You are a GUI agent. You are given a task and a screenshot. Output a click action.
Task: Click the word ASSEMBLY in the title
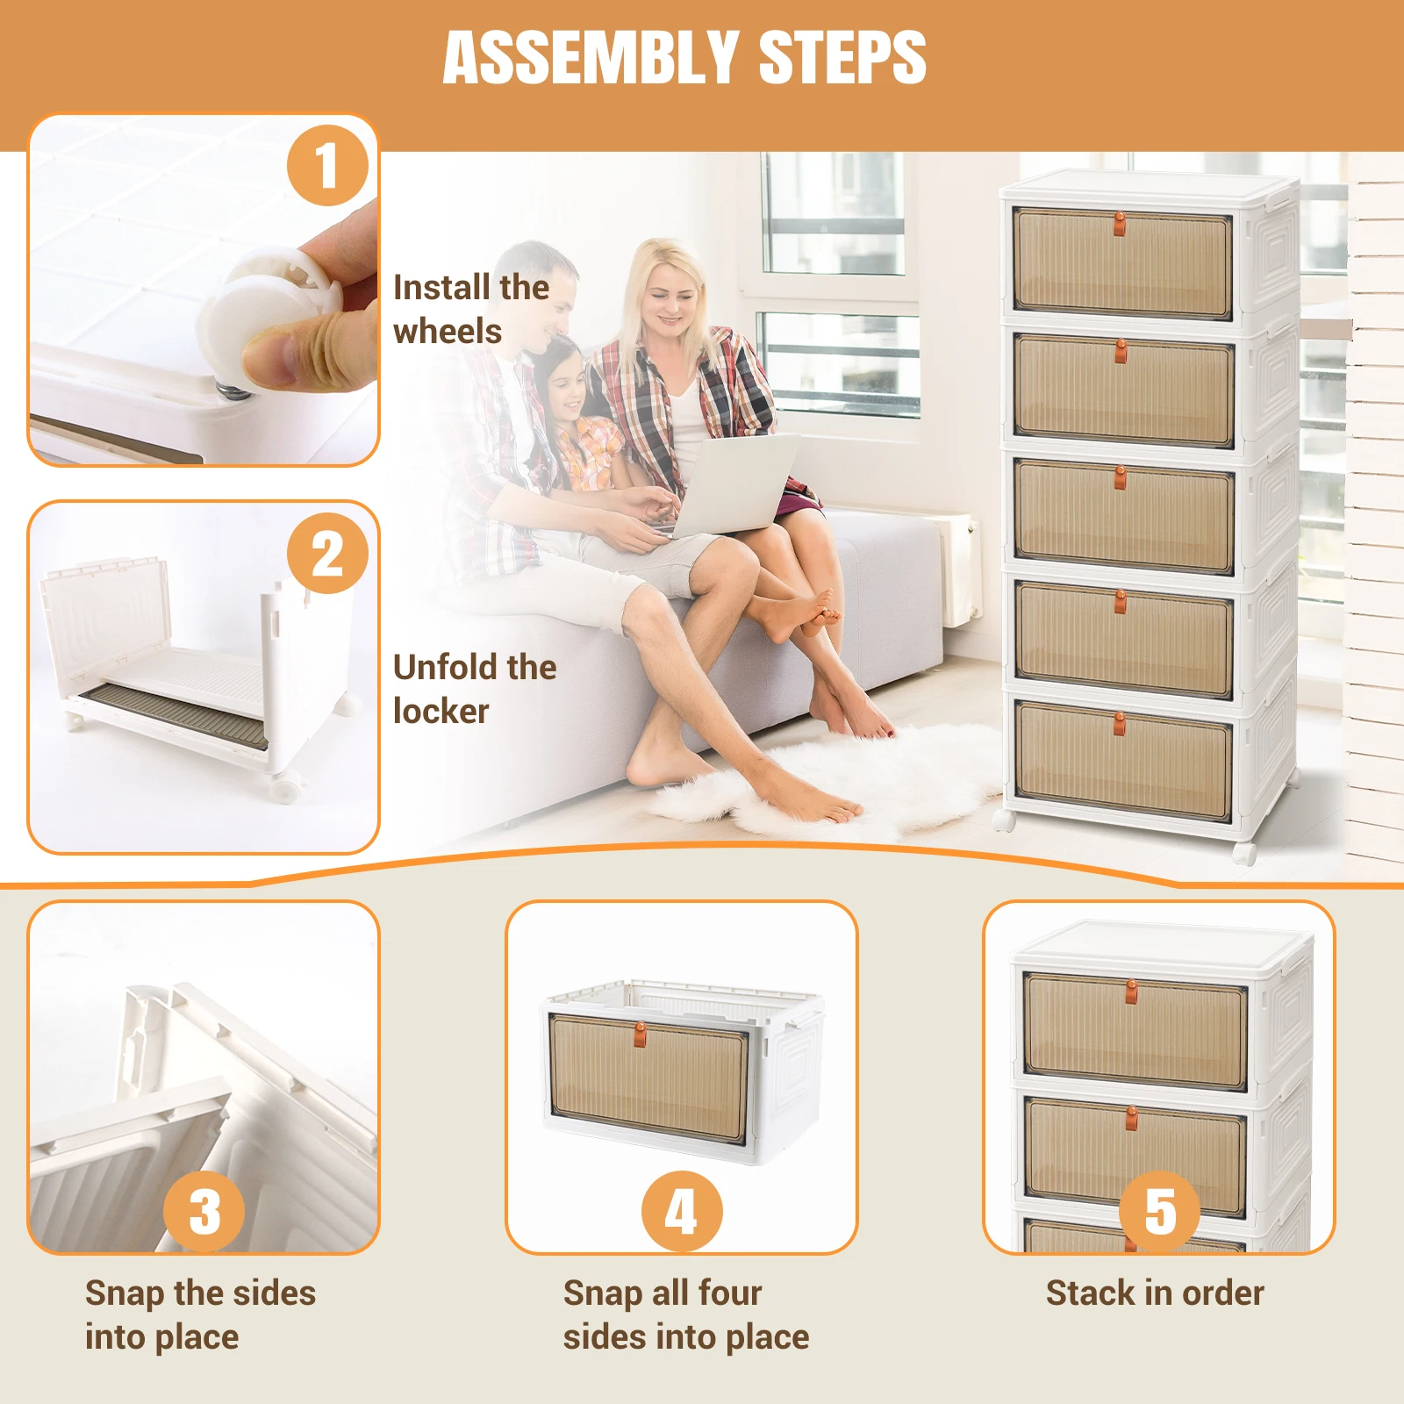coord(591,58)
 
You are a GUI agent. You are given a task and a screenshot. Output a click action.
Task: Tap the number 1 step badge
coord(327,165)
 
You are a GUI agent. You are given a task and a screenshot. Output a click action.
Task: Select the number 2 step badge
coord(327,554)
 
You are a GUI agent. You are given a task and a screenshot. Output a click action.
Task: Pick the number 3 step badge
coord(204,1211)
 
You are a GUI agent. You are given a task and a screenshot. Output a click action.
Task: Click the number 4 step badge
coord(682,1211)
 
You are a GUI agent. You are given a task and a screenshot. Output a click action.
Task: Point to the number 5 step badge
coord(1159,1211)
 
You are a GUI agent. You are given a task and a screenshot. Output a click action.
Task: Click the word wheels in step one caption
coord(448,332)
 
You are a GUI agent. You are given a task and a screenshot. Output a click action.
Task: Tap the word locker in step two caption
coord(441,712)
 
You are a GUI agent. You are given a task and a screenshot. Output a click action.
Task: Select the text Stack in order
coord(1155,1293)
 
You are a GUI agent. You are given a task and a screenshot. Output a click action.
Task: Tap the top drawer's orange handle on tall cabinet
coord(1120,223)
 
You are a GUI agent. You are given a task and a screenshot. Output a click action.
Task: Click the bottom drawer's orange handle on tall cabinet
coord(1120,724)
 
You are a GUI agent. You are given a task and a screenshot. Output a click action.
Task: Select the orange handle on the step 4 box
coord(640,1032)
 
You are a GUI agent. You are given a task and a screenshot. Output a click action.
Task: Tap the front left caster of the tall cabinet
coord(1004,820)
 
